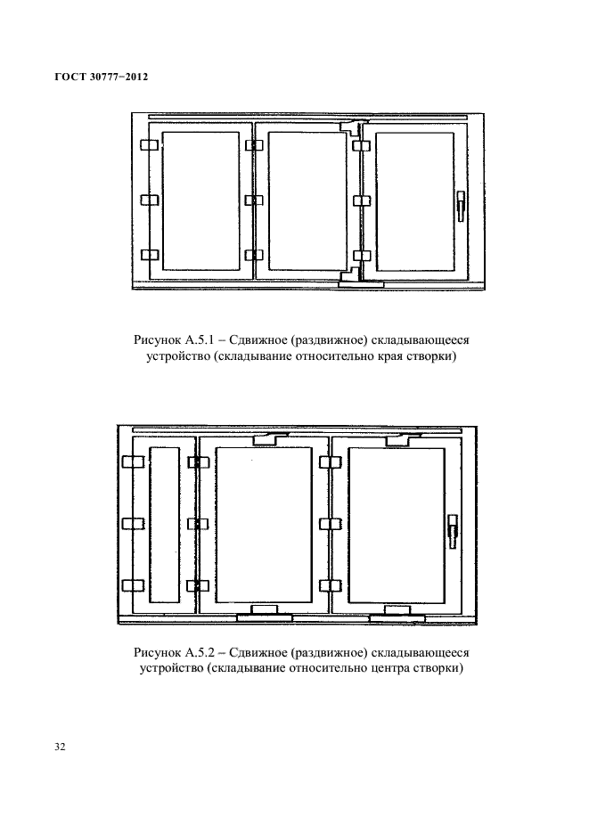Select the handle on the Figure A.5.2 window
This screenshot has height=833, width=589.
(x=452, y=532)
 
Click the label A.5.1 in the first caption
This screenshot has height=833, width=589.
(x=198, y=340)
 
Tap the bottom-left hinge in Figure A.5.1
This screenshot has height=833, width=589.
(x=148, y=256)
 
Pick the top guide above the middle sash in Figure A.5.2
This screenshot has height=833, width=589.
(x=271, y=438)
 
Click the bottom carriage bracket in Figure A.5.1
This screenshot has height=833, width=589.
(x=360, y=281)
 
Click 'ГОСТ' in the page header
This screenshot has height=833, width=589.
(x=59, y=78)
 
